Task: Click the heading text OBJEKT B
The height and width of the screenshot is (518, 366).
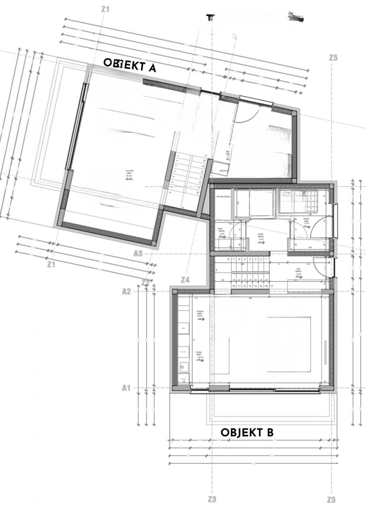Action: (247, 432)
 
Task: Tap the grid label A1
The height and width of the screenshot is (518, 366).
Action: (127, 388)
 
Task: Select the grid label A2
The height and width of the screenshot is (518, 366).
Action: (127, 291)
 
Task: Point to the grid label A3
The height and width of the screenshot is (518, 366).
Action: (138, 253)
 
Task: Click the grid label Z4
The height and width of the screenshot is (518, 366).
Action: (185, 280)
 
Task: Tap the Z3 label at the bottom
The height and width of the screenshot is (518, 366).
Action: (212, 499)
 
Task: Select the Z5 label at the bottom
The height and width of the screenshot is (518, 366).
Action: (331, 500)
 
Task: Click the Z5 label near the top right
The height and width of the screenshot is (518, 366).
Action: (333, 58)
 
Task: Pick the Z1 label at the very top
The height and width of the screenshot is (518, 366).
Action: (105, 9)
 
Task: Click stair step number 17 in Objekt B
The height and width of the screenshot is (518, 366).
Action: (271, 286)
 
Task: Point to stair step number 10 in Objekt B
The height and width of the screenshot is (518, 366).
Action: (234, 286)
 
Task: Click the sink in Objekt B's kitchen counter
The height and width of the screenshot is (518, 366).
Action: (184, 367)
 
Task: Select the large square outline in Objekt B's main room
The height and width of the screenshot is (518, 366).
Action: (289, 344)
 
